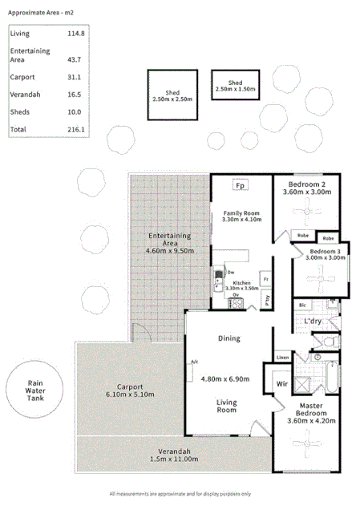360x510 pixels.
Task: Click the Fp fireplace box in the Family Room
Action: [x=239, y=186]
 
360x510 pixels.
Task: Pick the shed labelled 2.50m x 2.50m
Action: [x=172, y=95]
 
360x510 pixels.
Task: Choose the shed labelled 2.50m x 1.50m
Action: [x=235, y=87]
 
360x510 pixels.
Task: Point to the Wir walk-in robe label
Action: [x=281, y=384]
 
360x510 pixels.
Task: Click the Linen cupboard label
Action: [x=281, y=357]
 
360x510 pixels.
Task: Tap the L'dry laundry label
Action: [x=313, y=322]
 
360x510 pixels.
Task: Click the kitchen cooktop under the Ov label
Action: [x=236, y=303]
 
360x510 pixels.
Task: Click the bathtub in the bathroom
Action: [x=332, y=378]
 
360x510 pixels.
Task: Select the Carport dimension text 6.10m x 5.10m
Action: [x=129, y=394]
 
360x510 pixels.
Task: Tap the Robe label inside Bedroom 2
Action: [x=303, y=236]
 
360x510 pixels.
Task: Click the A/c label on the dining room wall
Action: [x=193, y=362]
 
